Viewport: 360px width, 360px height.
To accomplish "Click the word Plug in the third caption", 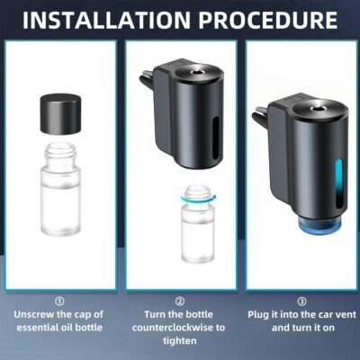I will (x=261, y=316).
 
